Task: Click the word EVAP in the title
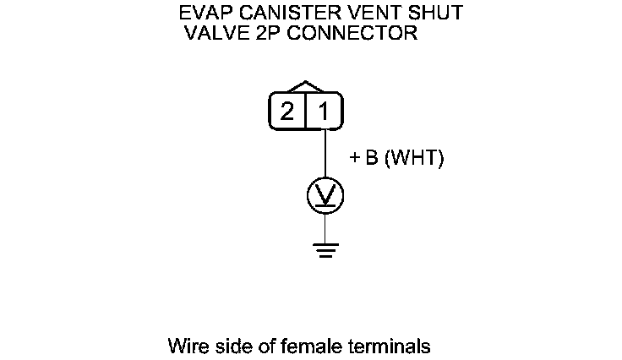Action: pos(203,14)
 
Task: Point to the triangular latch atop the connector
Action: pos(306,88)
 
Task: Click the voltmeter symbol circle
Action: pos(325,196)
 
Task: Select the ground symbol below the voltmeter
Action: pos(325,249)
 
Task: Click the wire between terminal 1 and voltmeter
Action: pos(325,154)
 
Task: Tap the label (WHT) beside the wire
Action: pos(414,159)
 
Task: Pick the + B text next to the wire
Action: pos(364,159)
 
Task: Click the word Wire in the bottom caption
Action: pos(186,346)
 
